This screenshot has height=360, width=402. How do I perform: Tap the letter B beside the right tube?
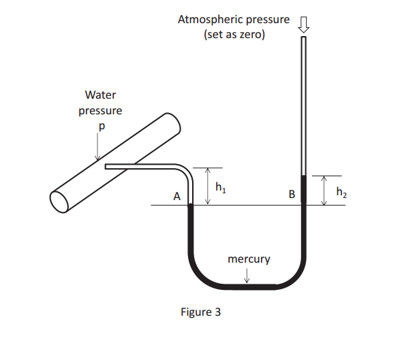292,195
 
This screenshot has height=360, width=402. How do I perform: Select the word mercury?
249,259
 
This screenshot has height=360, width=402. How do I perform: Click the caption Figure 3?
200,312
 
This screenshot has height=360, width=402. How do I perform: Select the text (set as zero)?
234,34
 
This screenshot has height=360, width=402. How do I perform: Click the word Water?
100,95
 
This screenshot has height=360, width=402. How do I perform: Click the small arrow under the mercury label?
247,276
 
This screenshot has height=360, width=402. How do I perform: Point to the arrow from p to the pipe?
98,146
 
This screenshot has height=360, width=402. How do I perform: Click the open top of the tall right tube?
304,37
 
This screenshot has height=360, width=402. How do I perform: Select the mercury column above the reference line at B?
304,191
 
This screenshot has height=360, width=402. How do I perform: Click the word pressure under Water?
100,110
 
